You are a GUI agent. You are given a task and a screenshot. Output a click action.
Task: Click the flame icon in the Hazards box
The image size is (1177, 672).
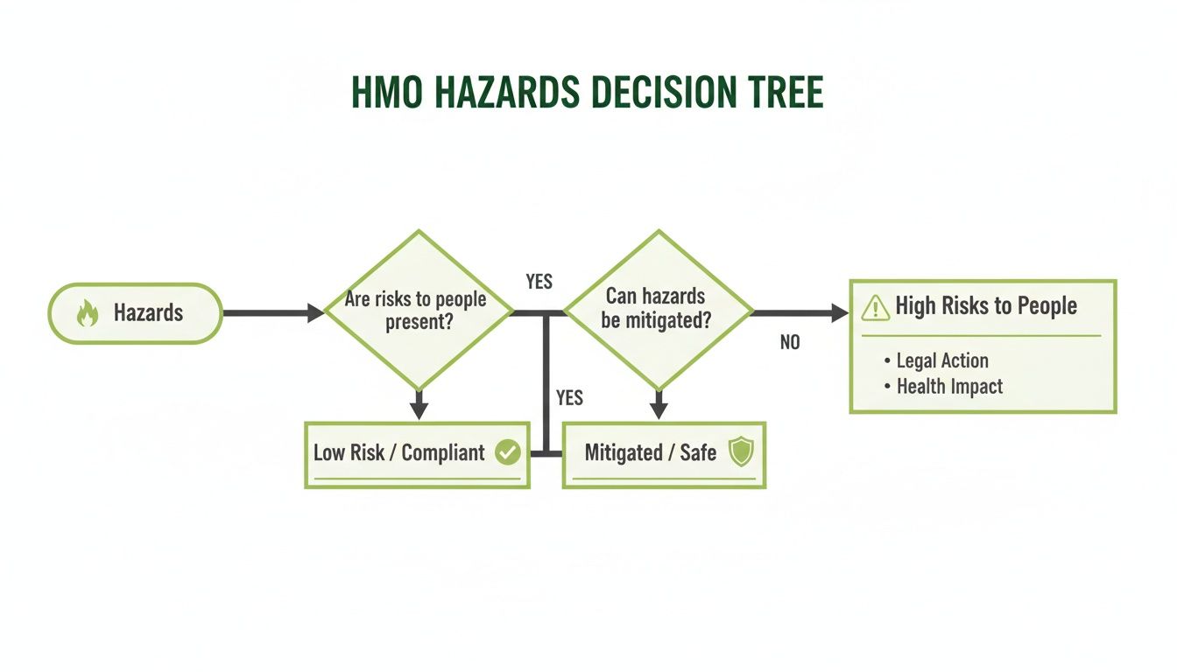point(88,313)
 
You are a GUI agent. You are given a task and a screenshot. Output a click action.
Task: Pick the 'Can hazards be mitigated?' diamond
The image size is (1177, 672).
point(659,309)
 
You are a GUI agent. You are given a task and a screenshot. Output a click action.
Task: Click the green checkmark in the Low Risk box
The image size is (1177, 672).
point(508,452)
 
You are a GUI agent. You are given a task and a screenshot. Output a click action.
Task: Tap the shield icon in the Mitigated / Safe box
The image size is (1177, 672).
point(742,452)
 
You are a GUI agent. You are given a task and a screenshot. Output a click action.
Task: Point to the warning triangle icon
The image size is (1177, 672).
point(875,307)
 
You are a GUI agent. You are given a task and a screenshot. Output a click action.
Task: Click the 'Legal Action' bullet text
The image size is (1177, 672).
point(942,360)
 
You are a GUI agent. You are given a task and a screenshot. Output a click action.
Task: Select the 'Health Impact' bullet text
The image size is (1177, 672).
point(949,387)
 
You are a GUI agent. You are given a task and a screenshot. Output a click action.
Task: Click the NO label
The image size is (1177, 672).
point(790,343)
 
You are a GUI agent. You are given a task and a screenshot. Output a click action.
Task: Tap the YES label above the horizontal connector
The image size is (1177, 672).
point(539,282)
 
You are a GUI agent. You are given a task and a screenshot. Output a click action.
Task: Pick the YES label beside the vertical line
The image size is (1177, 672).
point(569,398)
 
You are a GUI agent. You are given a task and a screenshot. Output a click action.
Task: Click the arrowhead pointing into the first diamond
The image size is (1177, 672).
point(316,312)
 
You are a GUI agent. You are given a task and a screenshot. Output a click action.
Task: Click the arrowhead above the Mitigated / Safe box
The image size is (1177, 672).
point(659,410)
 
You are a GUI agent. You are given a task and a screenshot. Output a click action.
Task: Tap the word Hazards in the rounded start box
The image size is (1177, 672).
point(148,313)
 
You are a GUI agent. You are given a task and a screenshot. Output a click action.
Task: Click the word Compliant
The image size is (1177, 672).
point(442,452)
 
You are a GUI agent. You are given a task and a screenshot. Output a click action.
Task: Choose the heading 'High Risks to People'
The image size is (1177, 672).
point(986,306)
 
